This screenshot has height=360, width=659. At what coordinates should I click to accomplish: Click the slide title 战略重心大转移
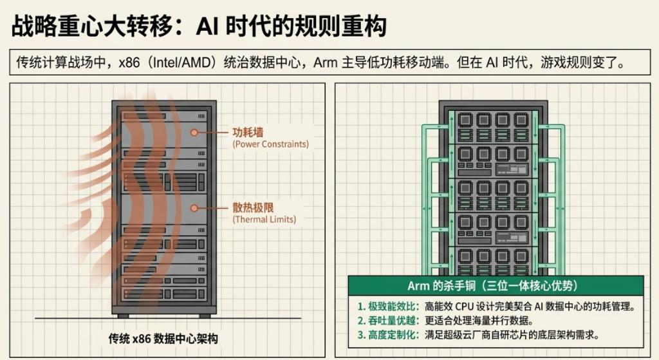(91, 26)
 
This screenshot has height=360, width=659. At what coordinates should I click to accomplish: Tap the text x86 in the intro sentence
(129, 62)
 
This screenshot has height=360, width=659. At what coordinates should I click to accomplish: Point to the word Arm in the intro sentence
(325, 62)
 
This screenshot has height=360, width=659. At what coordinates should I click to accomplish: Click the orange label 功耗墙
(248, 133)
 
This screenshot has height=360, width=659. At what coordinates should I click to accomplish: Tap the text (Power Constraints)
(271, 144)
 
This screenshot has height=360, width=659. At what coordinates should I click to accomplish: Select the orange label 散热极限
(253, 207)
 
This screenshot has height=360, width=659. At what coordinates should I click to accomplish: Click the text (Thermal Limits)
(265, 219)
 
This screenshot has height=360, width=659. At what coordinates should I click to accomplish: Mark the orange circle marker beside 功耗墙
(194, 133)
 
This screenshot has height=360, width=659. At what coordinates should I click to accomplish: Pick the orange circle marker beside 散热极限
(194, 208)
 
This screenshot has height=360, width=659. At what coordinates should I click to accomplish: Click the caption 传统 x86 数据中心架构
(163, 339)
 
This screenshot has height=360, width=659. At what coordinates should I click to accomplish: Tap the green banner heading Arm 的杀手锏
(492, 286)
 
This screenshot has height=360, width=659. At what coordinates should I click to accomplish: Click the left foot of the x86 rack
(123, 316)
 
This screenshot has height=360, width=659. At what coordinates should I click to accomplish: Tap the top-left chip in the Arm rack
(465, 120)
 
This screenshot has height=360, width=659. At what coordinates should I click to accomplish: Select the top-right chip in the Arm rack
(521, 120)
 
